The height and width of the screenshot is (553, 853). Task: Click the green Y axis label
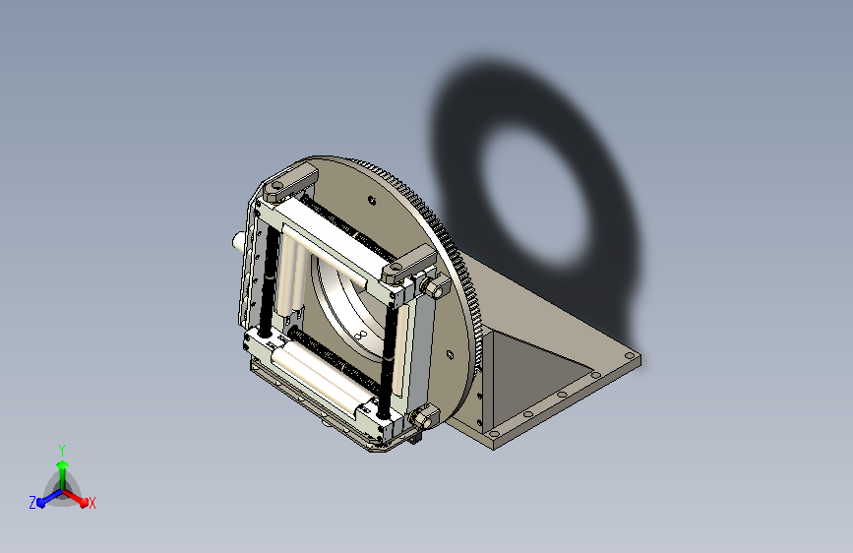(62, 450)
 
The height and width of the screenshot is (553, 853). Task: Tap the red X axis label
(91, 504)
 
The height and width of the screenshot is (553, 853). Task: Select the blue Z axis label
(32, 503)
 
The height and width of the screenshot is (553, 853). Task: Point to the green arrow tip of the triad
(63, 464)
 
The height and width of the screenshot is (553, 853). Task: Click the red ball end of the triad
(84, 503)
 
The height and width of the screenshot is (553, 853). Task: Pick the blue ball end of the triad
(41, 503)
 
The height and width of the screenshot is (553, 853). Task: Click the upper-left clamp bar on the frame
(290, 182)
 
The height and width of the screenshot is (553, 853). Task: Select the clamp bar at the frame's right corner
(409, 264)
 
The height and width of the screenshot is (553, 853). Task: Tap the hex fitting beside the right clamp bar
(434, 287)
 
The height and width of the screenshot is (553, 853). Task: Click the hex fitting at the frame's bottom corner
(423, 418)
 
